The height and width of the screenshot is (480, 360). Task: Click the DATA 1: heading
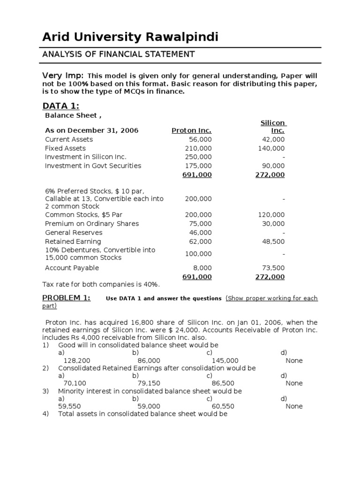coord(61,106)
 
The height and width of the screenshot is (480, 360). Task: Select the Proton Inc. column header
coord(191,130)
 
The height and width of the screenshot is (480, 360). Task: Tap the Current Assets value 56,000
coord(200,139)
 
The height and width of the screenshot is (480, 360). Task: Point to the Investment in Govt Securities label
coord(93,165)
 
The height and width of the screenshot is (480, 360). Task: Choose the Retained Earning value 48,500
coord(272,241)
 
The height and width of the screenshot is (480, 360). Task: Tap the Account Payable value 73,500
coord(272,268)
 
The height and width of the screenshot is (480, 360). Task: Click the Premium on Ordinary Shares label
coord(92,224)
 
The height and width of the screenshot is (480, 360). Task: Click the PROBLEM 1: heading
coord(67,298)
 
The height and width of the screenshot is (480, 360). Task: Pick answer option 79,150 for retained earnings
coord(149,383)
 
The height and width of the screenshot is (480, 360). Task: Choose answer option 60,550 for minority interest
coord(223,406)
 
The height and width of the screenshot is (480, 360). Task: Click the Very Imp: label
coord(63,76)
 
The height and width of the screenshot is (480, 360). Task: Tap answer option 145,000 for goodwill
coord(225,360)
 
